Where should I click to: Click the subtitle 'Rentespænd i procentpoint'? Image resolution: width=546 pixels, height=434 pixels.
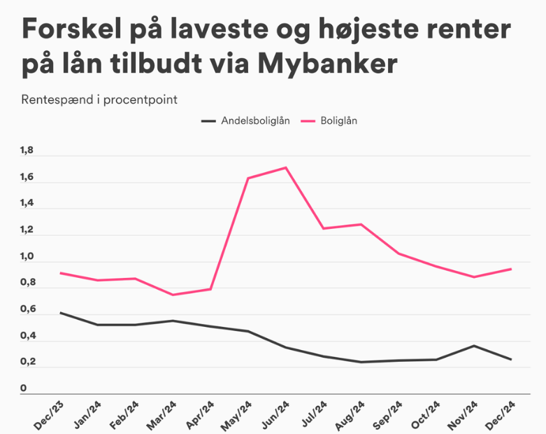point(99,99)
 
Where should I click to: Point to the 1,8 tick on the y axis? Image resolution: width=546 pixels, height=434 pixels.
point(27,150)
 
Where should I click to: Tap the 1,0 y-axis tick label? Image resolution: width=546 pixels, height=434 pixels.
point(27,256)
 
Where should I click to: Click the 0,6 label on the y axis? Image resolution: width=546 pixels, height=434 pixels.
point(27,309)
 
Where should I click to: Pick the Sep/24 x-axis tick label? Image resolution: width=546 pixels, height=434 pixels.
point(389,416)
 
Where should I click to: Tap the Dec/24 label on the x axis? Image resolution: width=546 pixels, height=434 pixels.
point(502,416)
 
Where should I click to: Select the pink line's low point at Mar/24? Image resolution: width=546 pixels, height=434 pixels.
point(173,295)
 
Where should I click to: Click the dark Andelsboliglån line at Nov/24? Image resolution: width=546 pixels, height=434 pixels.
point(474,346)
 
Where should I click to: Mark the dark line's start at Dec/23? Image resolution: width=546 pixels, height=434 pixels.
point(60,313)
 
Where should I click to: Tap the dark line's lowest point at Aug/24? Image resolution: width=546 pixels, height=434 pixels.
point(361,362)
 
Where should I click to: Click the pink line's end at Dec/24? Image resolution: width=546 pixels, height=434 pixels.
point(512,269)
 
